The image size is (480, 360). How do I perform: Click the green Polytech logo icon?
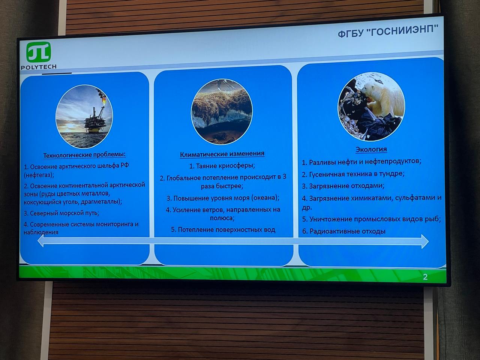point(39,52)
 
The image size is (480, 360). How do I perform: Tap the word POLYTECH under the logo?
point(39,67)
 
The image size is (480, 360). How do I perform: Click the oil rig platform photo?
point(84,117)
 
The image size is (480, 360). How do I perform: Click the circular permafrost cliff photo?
point(222,112)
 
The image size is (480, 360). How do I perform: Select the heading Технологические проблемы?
point(84,155)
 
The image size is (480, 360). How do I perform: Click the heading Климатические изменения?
point(222,154)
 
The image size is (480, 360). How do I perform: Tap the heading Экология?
point(371,149)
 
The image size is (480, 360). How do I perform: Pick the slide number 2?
point(425,277)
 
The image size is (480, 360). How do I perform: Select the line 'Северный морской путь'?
point(61,213)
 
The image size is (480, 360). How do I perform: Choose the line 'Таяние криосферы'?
point(222,166)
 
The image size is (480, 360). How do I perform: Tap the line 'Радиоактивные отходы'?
point(344,231)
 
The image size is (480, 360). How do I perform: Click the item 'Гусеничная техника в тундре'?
point(353,174)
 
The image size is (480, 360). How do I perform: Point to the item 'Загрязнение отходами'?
point(343,186)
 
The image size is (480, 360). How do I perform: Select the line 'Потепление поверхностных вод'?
point(223,229)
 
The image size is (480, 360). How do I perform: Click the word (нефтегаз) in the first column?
point(39,175)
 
